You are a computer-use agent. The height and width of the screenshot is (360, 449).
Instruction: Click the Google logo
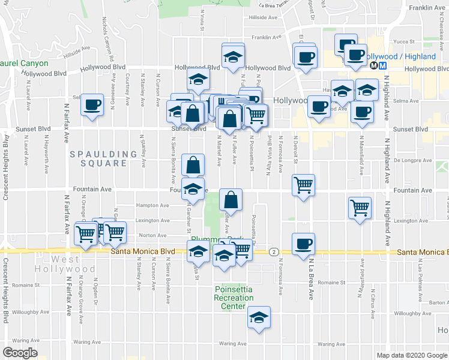pyautogui.click(x=20, y=353)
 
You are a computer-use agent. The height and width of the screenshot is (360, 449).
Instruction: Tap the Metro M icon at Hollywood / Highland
pyautogui.click(x=374, y=66)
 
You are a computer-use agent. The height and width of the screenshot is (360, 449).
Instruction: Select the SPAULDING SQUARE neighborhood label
pyautogui.click(x=103, y=159)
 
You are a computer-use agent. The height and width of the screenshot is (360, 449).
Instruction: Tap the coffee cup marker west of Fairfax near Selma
pyautogui.click(x=92, y=106)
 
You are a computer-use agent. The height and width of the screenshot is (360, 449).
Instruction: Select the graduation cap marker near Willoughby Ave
pyautogui.click(x=259, y=318)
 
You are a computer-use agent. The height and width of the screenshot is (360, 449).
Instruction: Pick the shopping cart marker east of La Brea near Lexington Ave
pyautogui.click(x=360, y=208)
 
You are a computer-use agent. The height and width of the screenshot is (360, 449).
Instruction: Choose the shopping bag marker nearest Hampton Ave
pyautogui.click(x=231, y=200)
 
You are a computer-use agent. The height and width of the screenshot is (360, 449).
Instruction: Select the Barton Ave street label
pyautogui.click(x=439, y=302)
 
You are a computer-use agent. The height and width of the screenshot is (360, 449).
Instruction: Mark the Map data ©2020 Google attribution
pyautogui.click(x=412, y=355)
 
